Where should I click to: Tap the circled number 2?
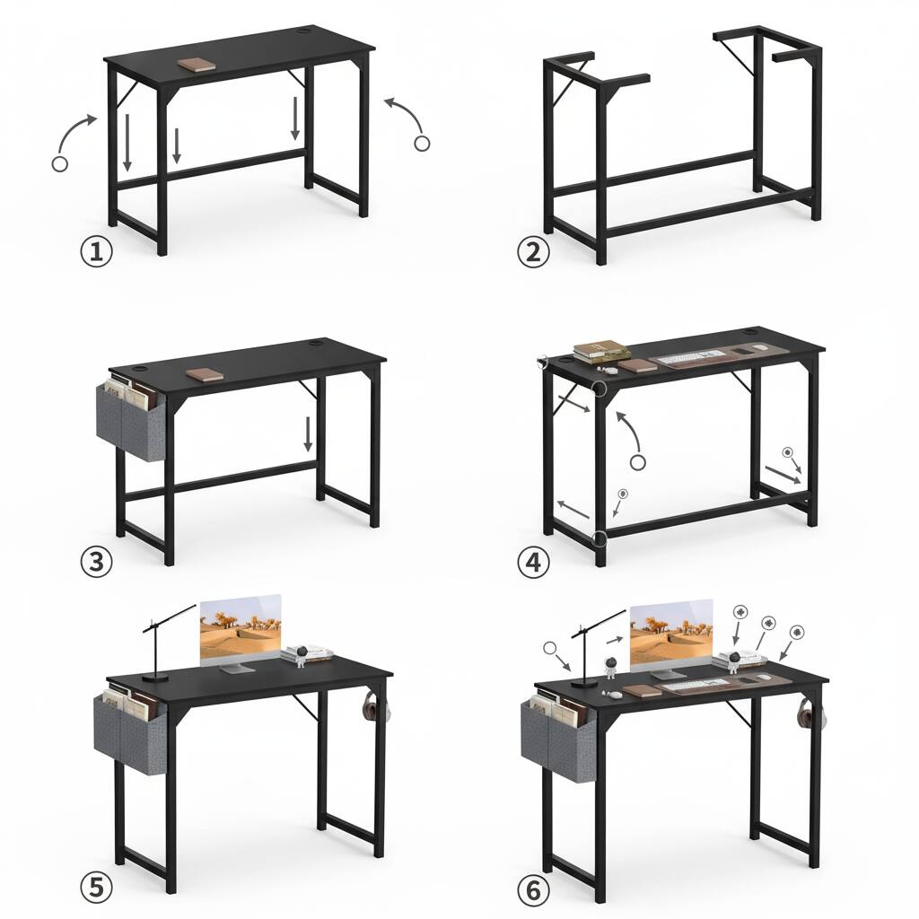coord(533,252)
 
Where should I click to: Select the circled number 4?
coord(533,564)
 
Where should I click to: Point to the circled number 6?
coord(533,891)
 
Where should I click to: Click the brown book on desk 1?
coord(196,65)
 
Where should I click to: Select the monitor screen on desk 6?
coord(670,634)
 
